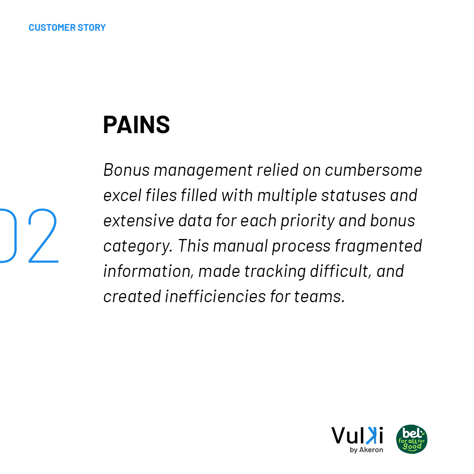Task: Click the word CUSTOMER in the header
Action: pos(52,28)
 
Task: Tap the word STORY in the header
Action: pos(92,28)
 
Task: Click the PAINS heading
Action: pos(137,124)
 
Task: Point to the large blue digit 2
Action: pos(43,236)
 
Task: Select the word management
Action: pos(203,170)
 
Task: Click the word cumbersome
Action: pos(373,170)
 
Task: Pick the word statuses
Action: pos(354,196)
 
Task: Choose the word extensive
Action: pos(139,221)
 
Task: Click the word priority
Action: pos(308,221)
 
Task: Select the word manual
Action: pos(240,246)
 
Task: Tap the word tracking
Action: pos(275,271)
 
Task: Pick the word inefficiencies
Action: pos(216,296)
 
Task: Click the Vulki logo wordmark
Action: pos(357,435)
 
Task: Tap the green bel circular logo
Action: pos(412,439)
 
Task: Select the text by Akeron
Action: pos(367,450)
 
